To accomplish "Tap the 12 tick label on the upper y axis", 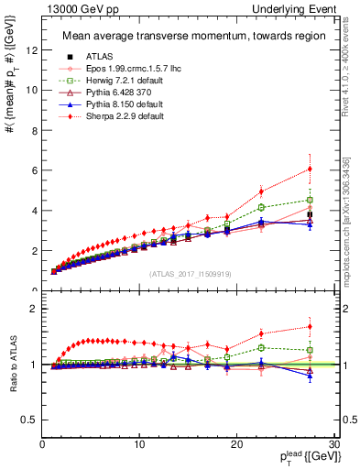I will click(x=34, y=49).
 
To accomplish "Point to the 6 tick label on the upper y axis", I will click(x=34, y=170).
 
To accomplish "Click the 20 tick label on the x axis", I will click(x=236, y=445).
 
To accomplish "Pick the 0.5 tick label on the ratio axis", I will click(x=30, y=420).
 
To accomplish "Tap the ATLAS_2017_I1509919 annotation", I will click(x=184, y=275).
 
